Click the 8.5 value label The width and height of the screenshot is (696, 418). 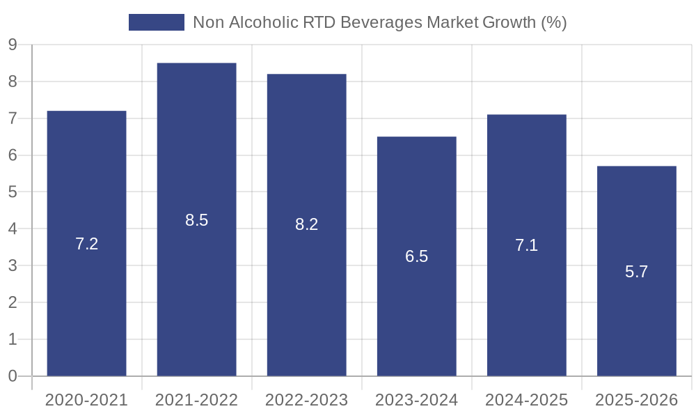tap(196, 220)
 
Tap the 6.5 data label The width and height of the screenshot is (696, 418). tap(416, 256)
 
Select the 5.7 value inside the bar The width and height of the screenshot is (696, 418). tap(636, 272)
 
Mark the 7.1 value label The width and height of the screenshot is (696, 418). tap(526, 245)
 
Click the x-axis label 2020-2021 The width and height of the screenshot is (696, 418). tap(86, 400)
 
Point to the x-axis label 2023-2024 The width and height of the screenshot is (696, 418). tap(416, 400)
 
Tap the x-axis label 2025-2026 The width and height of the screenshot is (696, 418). tap(636, 400)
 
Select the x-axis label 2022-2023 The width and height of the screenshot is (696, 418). tap(306, 400)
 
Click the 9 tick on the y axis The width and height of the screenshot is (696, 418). tap(13, 45)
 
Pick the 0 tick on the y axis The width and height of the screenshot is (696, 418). tap(13, 376)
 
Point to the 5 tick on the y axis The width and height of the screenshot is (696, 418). tap(13, 192)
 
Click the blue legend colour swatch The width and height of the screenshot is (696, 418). tap(157, 22)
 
